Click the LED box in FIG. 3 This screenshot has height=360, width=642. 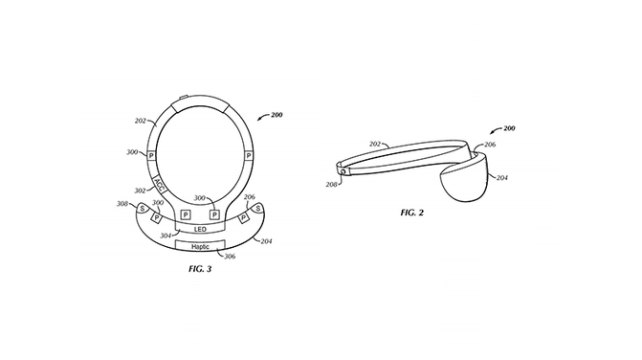coord(200,229)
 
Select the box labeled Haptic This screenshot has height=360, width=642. coord(200,246)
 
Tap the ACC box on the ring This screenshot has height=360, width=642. coord(159,184)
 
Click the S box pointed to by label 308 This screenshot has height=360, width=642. coord(142,209)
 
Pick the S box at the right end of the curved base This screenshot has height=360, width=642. coord(258,209)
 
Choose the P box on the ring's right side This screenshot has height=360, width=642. coord(248,156)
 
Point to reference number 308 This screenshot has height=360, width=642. coord(122,204)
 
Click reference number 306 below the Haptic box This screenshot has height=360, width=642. coord(230,257)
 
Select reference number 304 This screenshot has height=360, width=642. coord(166,236)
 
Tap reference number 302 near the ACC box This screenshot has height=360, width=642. coord(140,191)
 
